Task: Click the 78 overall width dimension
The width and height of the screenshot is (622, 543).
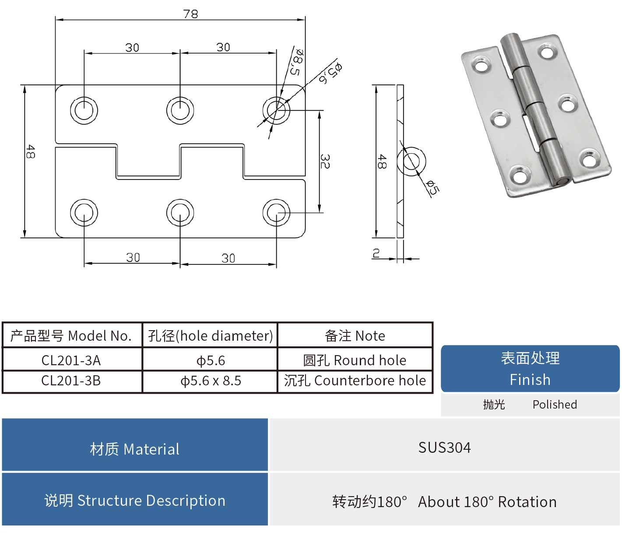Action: click(191, 14)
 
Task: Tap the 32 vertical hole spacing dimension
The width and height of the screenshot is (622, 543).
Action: click(325, 162)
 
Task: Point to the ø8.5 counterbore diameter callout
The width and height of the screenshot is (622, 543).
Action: click(296, 61)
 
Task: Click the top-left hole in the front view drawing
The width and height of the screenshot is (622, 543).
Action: click(84, 110)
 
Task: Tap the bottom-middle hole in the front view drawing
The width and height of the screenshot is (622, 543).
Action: click(180, 213)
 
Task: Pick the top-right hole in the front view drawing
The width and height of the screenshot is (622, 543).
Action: click(276, 110)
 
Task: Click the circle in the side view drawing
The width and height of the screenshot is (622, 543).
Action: click(411, 161)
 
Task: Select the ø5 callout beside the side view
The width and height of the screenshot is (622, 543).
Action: click(432, 187)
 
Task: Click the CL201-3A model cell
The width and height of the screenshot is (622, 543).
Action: click(71, 360)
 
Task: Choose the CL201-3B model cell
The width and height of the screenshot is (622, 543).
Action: click(71, 381)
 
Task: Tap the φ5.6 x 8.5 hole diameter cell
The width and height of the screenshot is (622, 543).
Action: click(211, 381)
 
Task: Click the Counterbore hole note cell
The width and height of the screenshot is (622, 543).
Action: click(355, 381)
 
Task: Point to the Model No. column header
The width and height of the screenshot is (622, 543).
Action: click(71, 336)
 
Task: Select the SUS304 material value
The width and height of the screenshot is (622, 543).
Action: click(444, 448)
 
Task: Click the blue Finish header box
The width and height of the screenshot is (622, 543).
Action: click(530, 369)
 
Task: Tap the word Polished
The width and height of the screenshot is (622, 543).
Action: click(555, 405)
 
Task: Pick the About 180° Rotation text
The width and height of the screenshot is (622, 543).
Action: click(487, 502)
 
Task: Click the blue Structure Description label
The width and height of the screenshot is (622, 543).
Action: click(135, 501)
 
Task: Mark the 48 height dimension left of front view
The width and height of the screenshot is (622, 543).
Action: click(30, 152)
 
